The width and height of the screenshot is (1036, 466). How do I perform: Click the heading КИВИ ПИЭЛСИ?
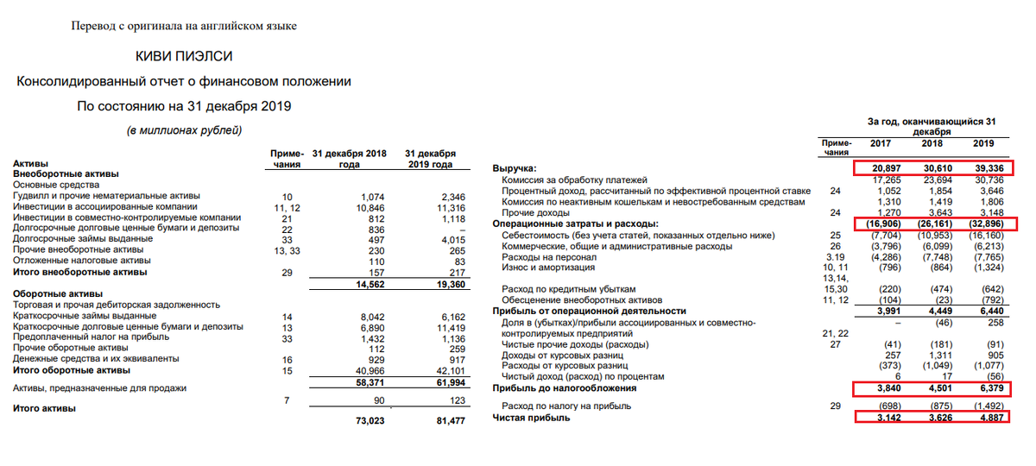click(184, 56)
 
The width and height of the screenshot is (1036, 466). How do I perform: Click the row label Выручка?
click(515, 167)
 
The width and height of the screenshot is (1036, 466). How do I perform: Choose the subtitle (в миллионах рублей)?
click(185, 130)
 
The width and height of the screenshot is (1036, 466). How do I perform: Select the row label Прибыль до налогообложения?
click(564, 388)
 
